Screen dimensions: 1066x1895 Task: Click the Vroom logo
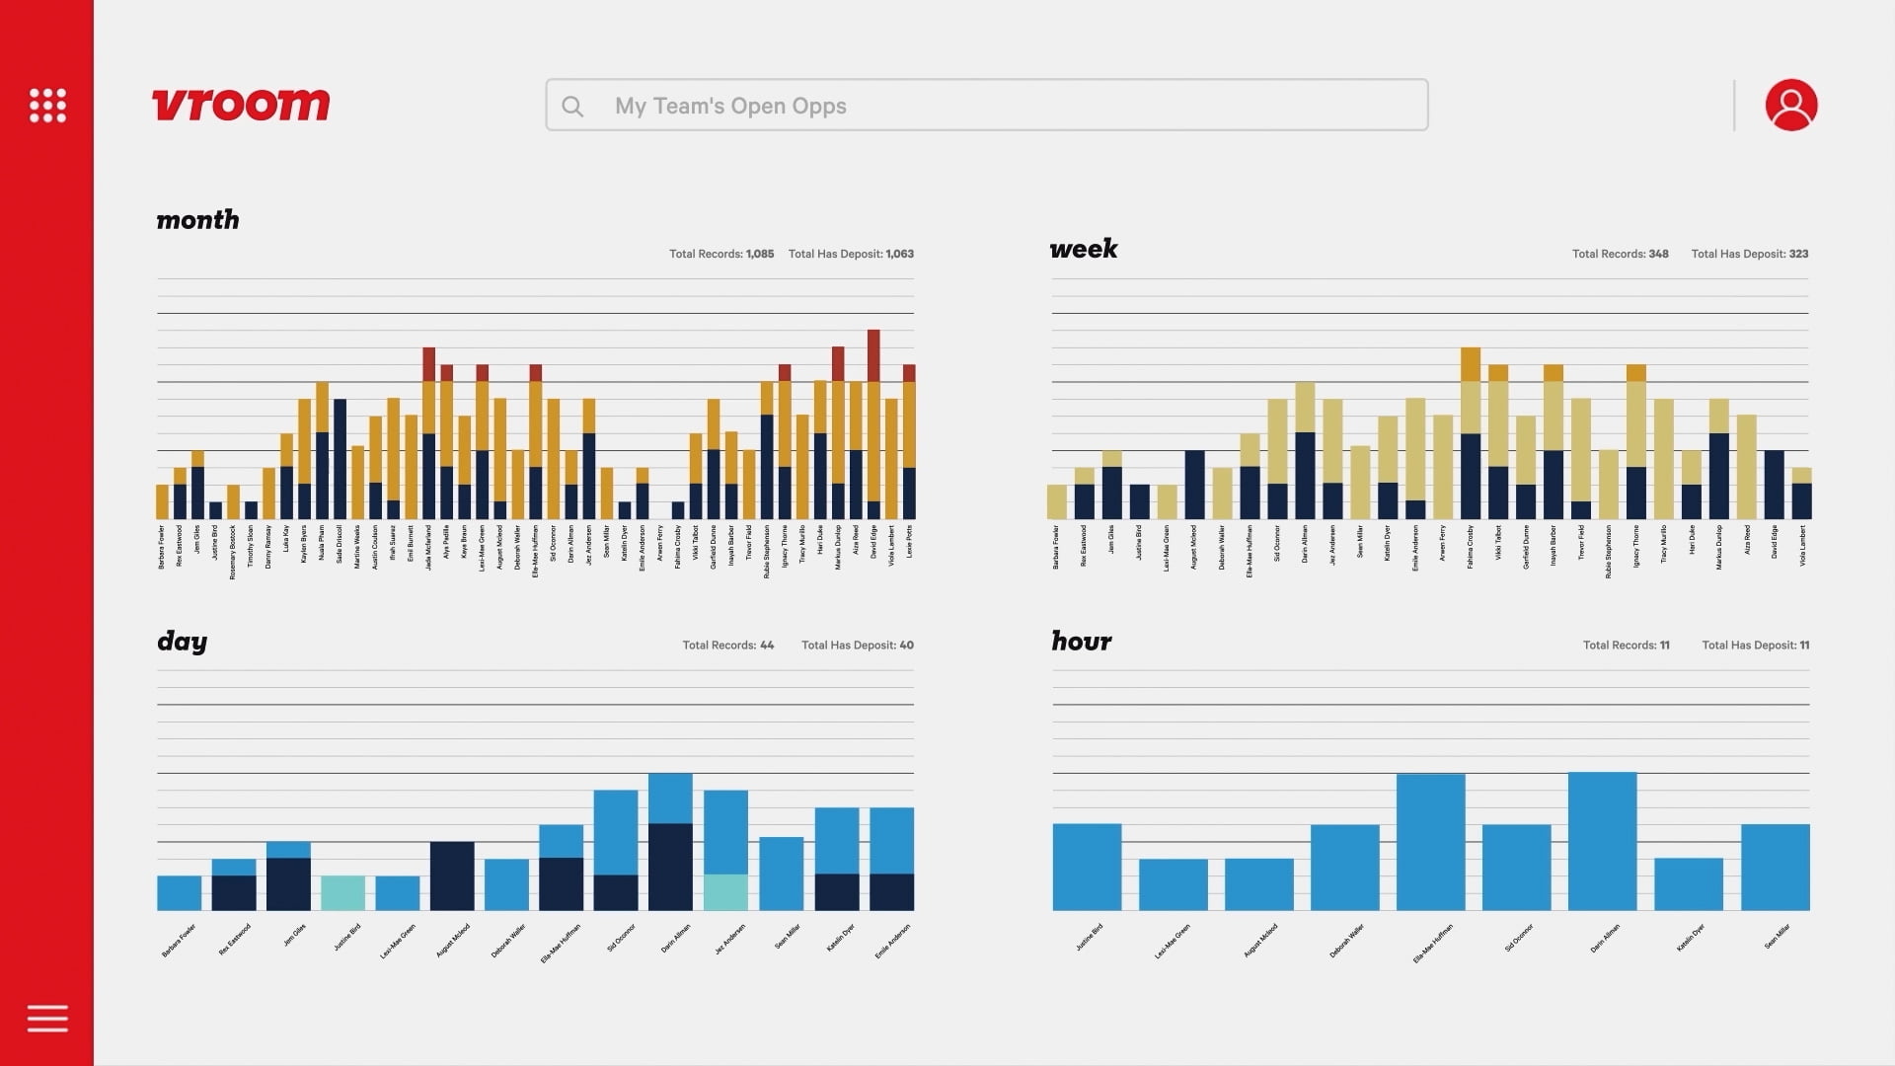pos(241,105)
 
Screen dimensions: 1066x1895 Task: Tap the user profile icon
pos(1790,105)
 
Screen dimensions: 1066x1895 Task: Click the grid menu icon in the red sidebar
pos(47,105)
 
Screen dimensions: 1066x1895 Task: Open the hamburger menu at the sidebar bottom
pos(47,1018)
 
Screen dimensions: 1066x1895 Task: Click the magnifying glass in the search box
pos(572,106)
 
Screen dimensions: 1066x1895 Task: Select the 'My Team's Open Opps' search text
pos(730,106)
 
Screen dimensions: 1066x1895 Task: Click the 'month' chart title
pos(197,220)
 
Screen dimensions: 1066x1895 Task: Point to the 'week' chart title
pos(1083,249)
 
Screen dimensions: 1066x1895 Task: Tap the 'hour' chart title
pos(1081,642)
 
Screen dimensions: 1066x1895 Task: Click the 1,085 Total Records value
pos(760,254)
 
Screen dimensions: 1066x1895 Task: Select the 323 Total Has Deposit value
pos(1798,254)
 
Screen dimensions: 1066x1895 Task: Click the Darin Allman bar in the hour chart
pos(1602,841)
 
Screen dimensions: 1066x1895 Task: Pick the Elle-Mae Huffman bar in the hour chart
pos(1430,842)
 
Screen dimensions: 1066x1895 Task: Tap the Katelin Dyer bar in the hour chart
pos(1688,884)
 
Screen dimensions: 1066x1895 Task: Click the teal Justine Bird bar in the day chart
pos(342,892)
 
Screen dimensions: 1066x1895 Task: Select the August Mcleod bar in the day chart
pos(452,876)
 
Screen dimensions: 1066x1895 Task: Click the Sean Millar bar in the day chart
pos(782,874)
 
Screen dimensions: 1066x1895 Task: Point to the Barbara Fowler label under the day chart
pos(179,941)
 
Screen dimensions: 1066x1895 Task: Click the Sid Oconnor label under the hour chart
pos(1518,938)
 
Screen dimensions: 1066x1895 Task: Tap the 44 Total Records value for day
pos(767,646)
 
